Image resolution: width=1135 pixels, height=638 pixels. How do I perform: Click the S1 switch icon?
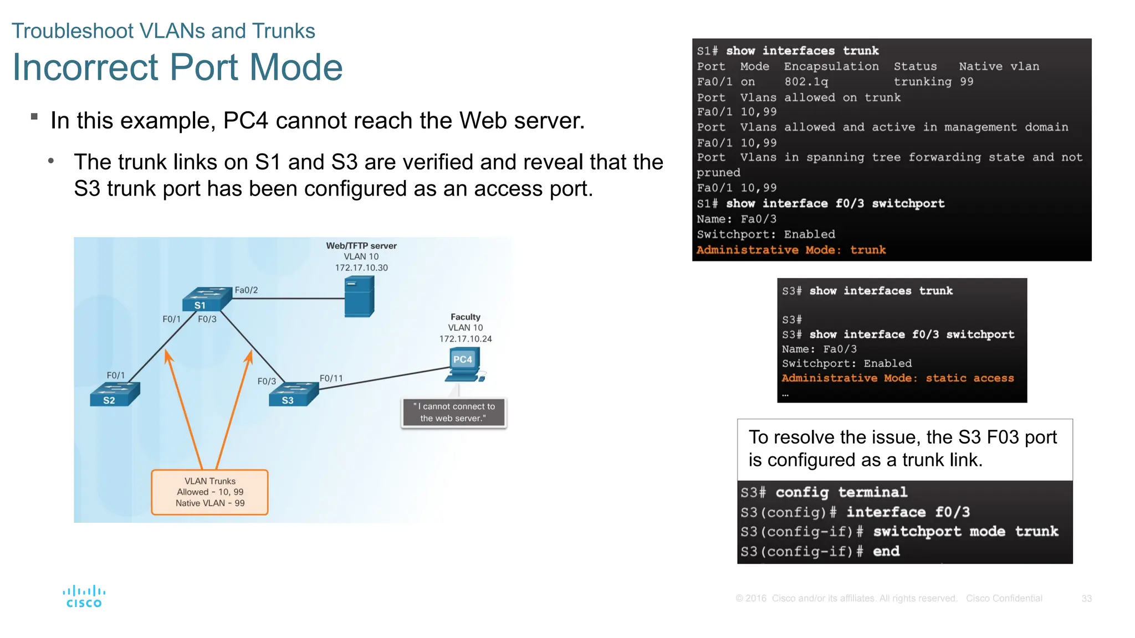tap(206, 299)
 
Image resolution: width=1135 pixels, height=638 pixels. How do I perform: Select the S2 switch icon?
tap(115, 394)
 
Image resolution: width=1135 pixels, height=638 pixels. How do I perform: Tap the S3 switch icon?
tap(293, 394)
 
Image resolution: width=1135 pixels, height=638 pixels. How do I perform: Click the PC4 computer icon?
tap(464, 365)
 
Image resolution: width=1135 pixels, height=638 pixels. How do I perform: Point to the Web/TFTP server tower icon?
tap(359, 297)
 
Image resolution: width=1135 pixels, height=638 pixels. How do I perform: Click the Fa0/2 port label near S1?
tap(246, 290)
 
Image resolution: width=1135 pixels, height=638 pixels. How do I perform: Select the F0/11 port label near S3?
tap(331, 378)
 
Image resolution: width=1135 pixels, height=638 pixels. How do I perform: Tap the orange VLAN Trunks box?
tap(209, 492)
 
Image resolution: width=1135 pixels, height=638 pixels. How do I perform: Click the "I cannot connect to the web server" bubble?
tap(453, 412)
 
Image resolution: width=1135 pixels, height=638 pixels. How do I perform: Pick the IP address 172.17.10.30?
tap(361, 267)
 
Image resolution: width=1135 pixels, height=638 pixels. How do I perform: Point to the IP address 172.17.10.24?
tap(466, 338)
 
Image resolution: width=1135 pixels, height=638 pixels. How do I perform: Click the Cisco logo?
tap(84, 596)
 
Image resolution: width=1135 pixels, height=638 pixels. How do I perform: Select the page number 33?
tap(1086, 599)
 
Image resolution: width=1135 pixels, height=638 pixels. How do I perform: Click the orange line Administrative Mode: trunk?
tap(791, 250)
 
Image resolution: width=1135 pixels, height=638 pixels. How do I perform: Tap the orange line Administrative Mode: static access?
tap(897, 378)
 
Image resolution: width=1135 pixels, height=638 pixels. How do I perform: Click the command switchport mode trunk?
tap(965, 531)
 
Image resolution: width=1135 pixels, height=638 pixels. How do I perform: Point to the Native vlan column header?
tap(999, 66)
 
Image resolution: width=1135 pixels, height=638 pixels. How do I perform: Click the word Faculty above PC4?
tap(465, 317)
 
